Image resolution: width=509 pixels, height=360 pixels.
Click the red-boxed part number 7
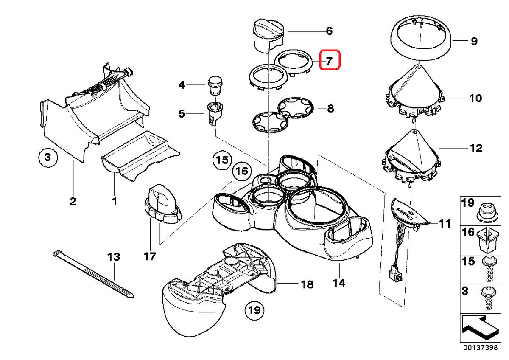coord(330,60)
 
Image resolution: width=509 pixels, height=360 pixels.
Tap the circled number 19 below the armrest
coord(254,309)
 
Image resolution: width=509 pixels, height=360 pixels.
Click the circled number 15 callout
coord(221,160)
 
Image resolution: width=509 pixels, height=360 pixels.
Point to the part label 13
coord(114,257)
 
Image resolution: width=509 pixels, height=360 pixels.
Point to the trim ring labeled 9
coord(420,41)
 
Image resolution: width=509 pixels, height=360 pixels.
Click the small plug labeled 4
coord(215,85)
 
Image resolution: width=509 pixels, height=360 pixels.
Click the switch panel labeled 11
coord(409,212)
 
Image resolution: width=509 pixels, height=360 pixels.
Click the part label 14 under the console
coord(339,282)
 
